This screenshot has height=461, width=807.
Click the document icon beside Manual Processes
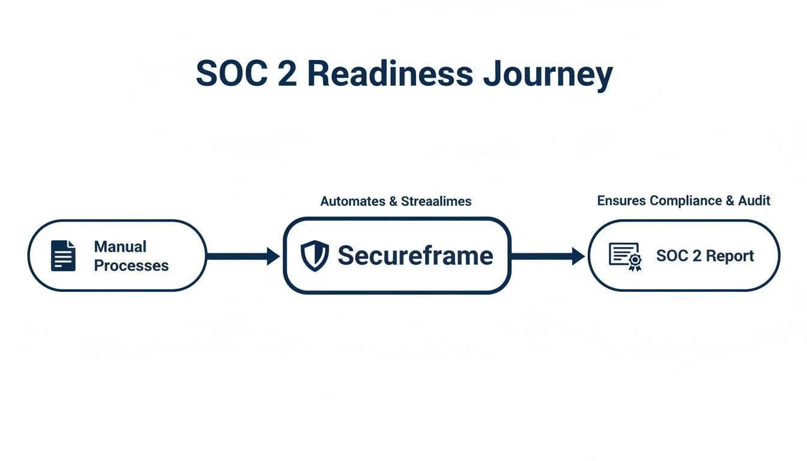coord(63,256)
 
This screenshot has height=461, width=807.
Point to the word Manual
coord(120,247)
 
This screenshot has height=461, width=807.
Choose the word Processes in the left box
coord(131,265)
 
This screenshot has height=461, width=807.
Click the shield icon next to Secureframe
coord(315,256)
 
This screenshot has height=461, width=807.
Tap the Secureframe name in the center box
coord(415,256)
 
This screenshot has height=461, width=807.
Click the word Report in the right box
coord(730,256)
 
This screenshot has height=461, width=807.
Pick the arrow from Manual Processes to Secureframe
coord(243,256)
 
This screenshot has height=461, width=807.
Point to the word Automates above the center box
coord(352,202)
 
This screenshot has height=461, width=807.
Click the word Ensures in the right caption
coord(621,200)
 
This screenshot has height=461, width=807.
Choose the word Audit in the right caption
coord(755,200)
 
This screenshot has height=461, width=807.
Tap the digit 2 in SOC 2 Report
coord(697,256)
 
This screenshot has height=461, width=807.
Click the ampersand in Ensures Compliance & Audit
coord(730,200)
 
